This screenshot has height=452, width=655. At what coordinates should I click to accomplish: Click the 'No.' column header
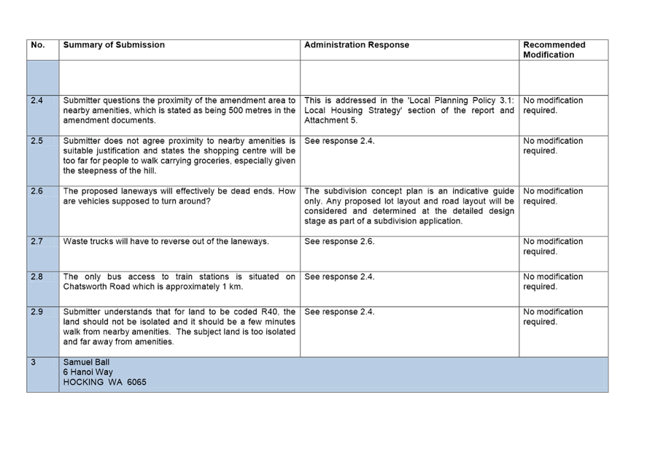[x=38, y=45]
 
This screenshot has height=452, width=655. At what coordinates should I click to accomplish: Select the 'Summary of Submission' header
[x=114, y=45]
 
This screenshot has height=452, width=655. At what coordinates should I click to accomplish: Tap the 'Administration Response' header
[x=357, y=45]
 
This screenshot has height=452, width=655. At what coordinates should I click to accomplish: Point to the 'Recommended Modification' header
[x=554, y=50]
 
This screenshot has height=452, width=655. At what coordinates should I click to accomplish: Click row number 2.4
[x=37, y=101]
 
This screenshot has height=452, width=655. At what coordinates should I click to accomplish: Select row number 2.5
[x=37, y=141]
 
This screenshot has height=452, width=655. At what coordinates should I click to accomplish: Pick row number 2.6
[x=37, y=191]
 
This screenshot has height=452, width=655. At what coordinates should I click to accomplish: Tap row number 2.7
[x=37, y=242]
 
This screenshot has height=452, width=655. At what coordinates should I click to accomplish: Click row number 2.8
[x=37, y=277]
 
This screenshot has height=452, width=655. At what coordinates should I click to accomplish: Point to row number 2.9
[x=37, y=313]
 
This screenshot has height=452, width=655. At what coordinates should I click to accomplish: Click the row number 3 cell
[x=34, y=363]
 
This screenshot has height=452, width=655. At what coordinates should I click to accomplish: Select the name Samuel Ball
[x=86, y=363]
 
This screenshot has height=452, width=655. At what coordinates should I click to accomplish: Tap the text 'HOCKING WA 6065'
[x=104, y=382]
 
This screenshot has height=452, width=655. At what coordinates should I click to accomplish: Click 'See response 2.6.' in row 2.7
[x=339, y=242]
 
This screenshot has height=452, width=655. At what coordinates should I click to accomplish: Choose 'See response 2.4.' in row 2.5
[x=339, y=141]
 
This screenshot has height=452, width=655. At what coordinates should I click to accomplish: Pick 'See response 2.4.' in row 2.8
[x=339, y=277]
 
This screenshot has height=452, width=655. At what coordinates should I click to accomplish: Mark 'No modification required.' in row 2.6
[x=554, y=196]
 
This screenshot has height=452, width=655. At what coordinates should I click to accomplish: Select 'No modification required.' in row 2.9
[x=554, y=317]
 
